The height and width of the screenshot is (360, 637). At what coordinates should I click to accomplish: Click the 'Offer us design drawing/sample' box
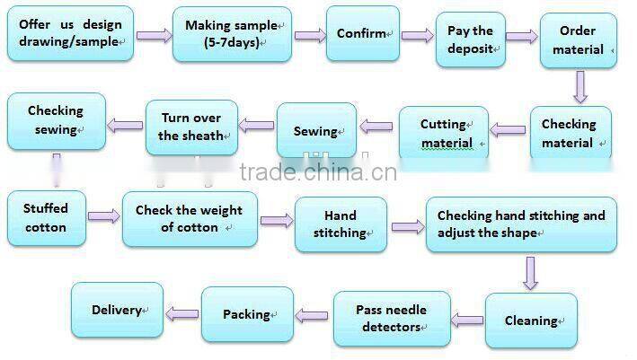click(69, 34)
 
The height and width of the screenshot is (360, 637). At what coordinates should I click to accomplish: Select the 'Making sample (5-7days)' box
click(232, 34)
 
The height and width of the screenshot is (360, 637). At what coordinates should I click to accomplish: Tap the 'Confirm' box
click(362, 34)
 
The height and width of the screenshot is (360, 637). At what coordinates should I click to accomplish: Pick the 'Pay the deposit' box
click(471, 40)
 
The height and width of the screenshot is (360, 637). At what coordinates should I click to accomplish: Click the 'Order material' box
click(578, 40)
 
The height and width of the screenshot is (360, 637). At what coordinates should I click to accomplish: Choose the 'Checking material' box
click(570, 134)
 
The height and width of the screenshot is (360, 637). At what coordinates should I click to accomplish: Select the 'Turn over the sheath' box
click(190, 127)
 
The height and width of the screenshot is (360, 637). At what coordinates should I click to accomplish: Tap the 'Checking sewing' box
click(56, 120)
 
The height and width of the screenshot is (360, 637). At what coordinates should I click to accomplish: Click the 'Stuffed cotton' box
click(46, 217)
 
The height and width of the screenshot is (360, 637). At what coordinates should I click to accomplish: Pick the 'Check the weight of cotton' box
click(189, 219)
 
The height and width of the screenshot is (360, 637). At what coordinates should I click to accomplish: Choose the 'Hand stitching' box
click(341, 224)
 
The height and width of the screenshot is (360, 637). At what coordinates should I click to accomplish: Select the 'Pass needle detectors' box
click(391, 318)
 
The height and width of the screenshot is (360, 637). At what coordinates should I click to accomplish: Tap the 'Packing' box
click(247, 314)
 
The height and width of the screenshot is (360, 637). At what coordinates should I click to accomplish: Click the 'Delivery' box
click(117, 311)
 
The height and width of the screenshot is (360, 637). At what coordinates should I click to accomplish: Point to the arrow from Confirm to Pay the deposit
click(415, 36)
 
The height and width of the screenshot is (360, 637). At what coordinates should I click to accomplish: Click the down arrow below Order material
click(580, 87)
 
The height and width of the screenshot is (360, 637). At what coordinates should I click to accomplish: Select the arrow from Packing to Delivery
click(182, 313)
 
